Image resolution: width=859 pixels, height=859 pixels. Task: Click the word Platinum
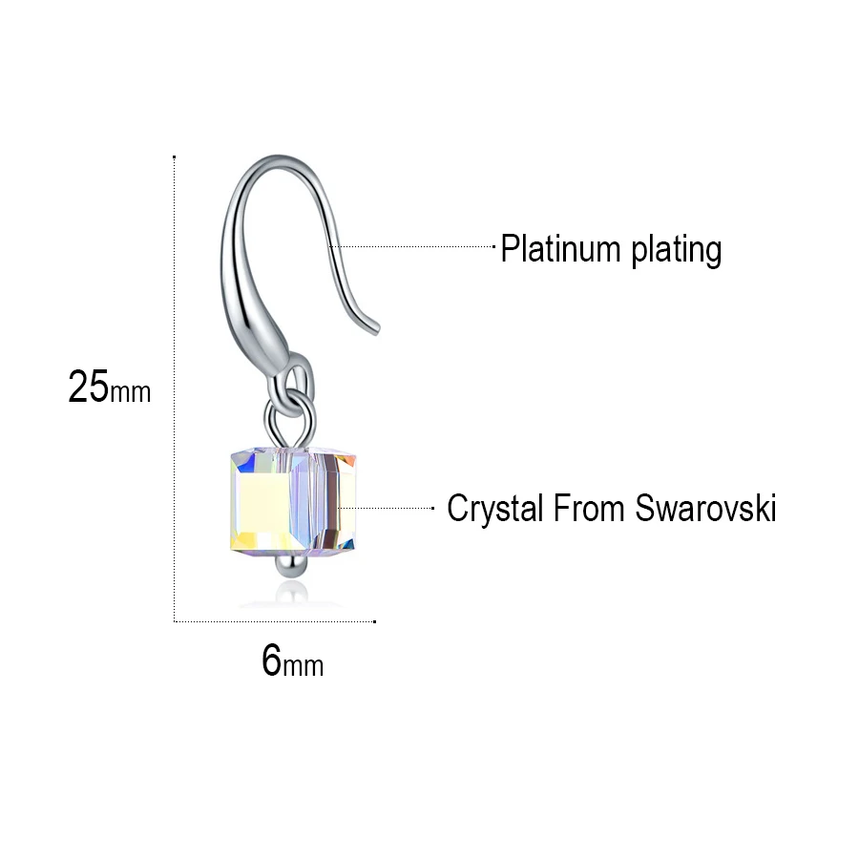tap(560, 249)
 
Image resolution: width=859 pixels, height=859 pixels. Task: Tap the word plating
tap(676, 251)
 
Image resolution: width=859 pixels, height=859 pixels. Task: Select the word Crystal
tap(494, 510)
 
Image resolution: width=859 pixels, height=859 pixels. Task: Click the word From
tap(588, 508)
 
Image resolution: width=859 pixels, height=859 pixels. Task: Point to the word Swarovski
tap(705, 508)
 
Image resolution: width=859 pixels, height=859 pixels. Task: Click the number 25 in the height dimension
tap(88, 387)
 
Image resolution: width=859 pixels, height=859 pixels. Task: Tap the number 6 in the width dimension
tap(271, 660)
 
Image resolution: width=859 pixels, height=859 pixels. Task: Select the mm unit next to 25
tap(131, 392)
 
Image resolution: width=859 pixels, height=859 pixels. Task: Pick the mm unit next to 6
tap(303, 665)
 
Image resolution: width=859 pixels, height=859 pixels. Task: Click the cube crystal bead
tap(293, 499)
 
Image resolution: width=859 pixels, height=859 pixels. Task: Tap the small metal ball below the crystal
tap(291, 565)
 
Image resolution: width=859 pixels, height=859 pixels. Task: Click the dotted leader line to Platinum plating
tap(412, 246)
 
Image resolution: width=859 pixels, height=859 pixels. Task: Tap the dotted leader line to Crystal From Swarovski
tap(386, 509)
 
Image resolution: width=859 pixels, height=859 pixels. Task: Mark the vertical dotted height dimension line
tap(175, 388)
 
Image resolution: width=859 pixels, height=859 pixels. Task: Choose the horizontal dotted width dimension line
tap(275, 621)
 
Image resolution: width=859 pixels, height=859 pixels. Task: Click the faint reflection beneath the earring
tap(291, 596)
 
